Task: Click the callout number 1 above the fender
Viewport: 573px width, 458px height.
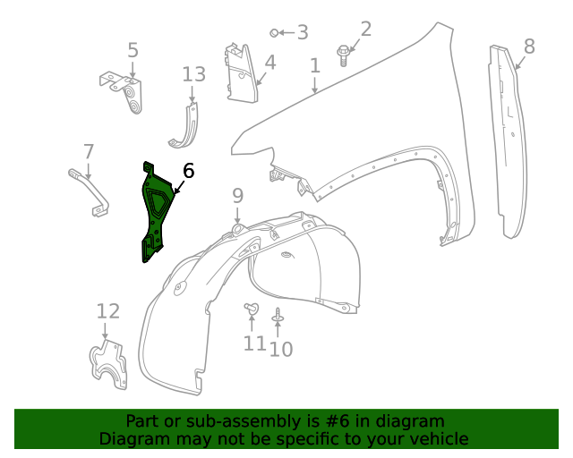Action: tap(315, 65)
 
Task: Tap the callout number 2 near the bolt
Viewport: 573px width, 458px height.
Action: tap(365, 29)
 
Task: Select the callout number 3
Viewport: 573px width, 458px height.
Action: tap(303, 33)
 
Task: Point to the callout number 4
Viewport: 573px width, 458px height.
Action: tap(269, 63)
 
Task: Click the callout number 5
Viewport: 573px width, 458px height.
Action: tap(133, 50)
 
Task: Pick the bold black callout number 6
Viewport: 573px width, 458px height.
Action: tap(188, 171)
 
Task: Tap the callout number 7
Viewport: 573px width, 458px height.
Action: tap(89, 151)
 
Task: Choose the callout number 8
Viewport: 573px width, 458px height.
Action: tap(529, 46)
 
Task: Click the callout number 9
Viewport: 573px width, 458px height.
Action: tap(237, 195)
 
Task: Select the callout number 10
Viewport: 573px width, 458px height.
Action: tap(281, 349)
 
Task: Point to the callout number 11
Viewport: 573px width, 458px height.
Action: tap(254, 343)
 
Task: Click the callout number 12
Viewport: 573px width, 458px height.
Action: tap(107, 311)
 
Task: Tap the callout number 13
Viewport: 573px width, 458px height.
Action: tap(193, 73)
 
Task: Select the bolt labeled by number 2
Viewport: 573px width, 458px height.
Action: tap(344, 55)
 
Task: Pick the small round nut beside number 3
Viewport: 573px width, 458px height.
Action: tap(275, 33)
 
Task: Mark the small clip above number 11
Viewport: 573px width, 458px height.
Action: tap(251, 310)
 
